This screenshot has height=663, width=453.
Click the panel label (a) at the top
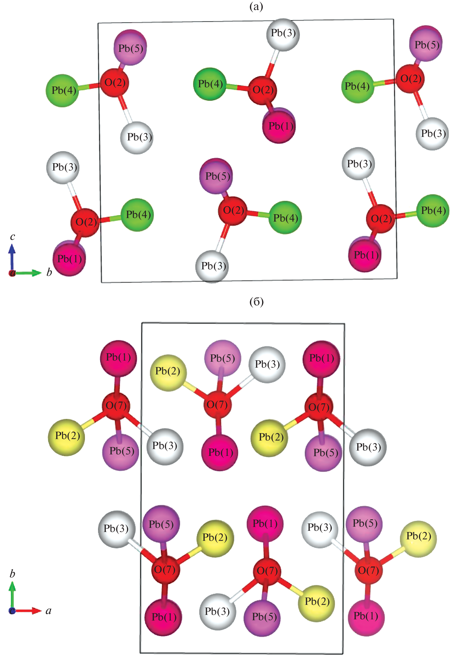pos(256,6)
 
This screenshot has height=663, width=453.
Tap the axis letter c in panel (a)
pos(12,237)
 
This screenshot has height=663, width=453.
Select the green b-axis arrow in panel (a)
pos(28,273)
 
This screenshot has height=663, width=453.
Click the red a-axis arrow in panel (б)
pos(28,610)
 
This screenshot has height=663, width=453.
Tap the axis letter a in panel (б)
pos(49,610)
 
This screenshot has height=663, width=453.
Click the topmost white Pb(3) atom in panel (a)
pos(283,34)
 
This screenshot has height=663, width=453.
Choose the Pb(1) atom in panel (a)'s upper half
pos(279,126)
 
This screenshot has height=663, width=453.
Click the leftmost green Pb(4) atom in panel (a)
pos(63,90)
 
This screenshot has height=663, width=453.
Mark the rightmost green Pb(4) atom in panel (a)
pos(433,210)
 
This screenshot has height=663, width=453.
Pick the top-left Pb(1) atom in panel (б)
pos(118,358)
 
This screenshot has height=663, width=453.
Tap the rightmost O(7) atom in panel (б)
pos(368,570)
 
